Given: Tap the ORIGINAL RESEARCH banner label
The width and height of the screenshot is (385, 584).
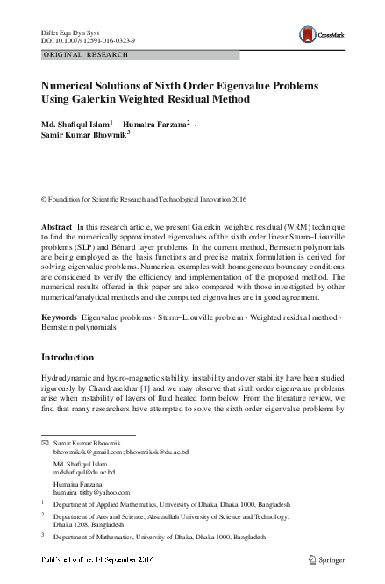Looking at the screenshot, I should [x=85, y=55].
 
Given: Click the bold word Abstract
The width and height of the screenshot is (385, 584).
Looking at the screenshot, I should [x=57, y=227].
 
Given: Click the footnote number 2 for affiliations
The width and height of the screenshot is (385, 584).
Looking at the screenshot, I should [x=44, y=518].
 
